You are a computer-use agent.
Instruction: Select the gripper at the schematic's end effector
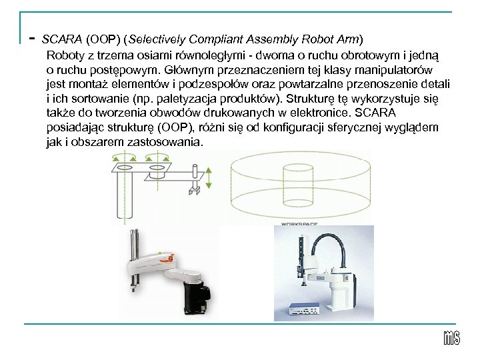click(194, 192)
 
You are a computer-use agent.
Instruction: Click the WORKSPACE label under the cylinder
click(298, 225)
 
